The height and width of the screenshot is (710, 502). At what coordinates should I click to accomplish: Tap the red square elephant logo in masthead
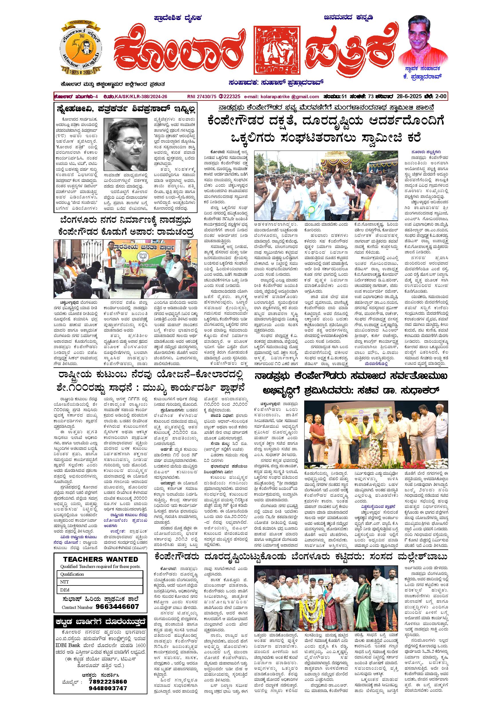coord(277,50)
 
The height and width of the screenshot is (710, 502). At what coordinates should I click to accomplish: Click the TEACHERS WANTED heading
coord(100,559)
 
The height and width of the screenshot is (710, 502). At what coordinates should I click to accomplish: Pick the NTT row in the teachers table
coord(100,582)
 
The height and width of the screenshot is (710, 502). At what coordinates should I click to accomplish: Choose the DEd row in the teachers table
coord(100,590)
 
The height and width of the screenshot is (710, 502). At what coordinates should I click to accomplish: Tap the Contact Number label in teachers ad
coord(77,607)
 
